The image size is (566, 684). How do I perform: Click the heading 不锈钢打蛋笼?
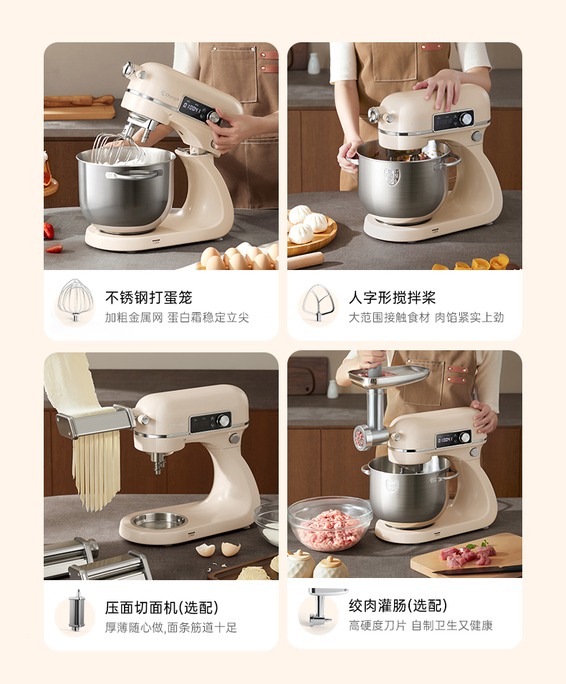(148, 297)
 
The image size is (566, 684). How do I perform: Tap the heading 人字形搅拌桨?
(392, 297)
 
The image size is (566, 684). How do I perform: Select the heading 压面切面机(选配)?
(161, 607)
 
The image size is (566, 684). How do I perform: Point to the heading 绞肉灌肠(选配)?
(398, 605)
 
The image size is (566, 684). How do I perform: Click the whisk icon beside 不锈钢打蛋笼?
(75, 301)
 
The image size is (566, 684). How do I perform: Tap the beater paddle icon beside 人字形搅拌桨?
(320, 303)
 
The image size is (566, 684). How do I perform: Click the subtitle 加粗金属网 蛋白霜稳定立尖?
(177, 317)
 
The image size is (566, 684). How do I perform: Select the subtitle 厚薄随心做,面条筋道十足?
(171, 627)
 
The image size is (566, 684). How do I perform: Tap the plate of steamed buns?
(311, 229)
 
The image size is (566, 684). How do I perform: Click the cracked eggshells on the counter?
(218, 549)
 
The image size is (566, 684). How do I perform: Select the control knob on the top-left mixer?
(214, 117)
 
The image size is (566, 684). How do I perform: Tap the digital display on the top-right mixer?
(448, 121)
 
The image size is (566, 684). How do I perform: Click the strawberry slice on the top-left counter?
(54, 249)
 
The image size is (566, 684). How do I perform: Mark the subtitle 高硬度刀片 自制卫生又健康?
(421, 625)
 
